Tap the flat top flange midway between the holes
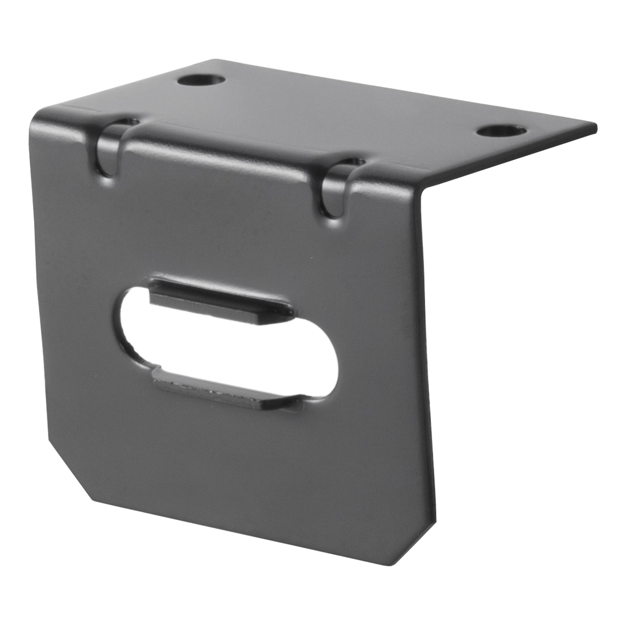coord(350,107)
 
